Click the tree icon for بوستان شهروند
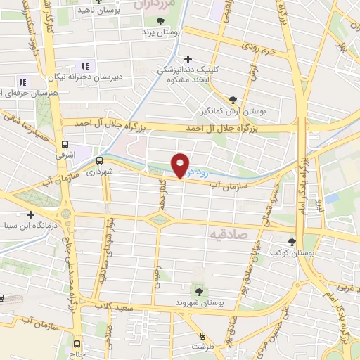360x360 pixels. coord(200,289)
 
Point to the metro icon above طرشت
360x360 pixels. coord(202,336)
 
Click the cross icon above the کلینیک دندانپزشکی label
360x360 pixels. coord(186,59)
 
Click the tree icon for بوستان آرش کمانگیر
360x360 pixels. coord(233,99)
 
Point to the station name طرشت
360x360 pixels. coord(203,347)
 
